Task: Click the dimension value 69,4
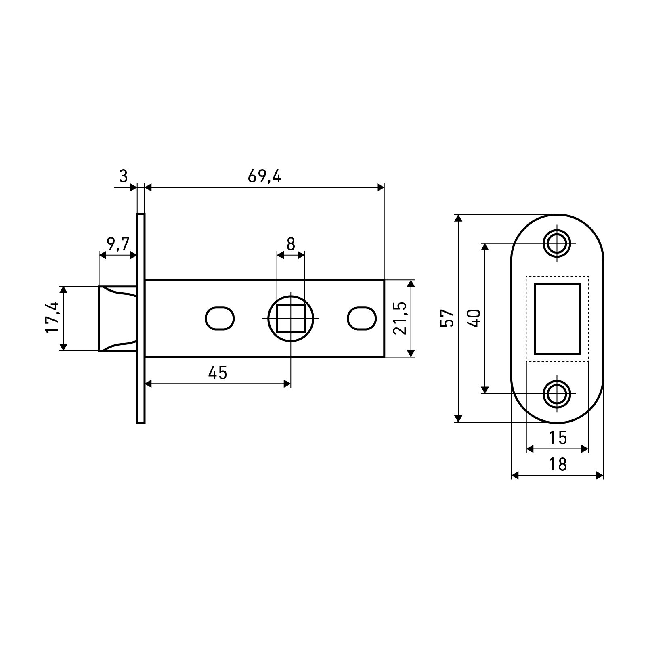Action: (264, 177)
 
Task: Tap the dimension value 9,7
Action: (118, 244)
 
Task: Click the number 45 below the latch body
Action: (218, 373)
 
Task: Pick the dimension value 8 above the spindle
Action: (291, 244)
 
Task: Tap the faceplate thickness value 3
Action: (124, 177)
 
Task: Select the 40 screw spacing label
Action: (475, 318)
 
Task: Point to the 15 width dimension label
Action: (558, 438)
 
